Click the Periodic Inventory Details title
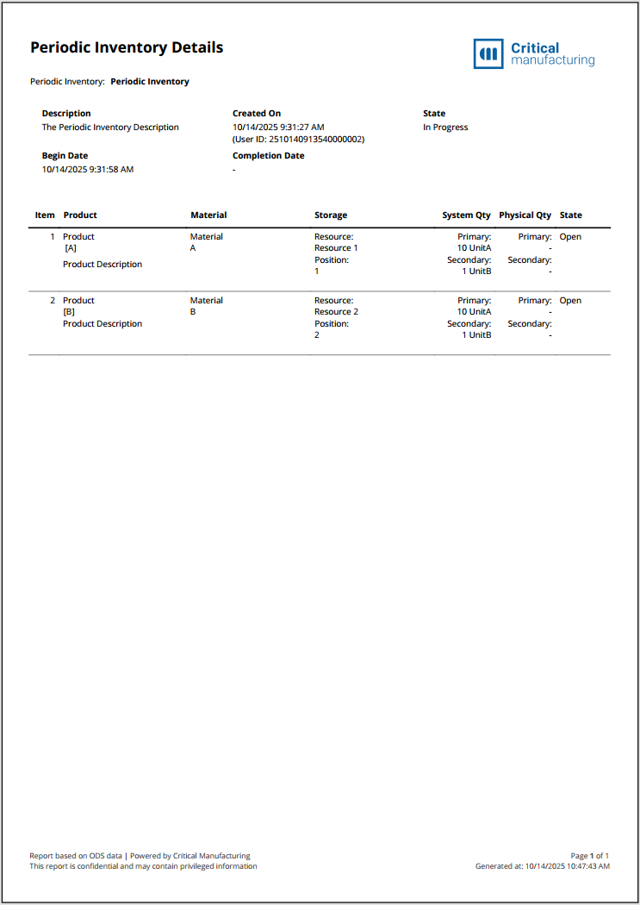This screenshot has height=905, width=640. [127, 48]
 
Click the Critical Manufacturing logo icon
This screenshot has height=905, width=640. [488, 53]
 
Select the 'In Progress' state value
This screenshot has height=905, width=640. [445, 128]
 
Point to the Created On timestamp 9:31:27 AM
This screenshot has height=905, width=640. [278, 128]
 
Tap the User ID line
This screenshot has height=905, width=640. [298, 139]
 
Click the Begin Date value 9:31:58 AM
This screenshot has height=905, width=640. [88, 170]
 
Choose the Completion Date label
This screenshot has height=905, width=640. [268, 156]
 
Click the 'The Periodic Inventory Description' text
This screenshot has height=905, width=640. [110, 128]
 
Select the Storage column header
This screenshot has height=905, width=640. [331, 215]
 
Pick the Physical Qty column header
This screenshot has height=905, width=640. [525, 215]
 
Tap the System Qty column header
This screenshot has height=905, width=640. [467, 215]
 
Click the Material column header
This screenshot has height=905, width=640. [208, 215]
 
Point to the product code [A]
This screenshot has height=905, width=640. [71, 248]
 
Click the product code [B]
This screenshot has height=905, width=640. [70, 312]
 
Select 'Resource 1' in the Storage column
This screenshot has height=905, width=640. [336, 248]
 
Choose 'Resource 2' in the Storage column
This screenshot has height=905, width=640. [336, 312]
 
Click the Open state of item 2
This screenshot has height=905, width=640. [570, 301]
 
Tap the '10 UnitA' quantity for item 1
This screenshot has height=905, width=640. [474, 248]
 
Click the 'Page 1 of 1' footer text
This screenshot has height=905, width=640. [589, 856]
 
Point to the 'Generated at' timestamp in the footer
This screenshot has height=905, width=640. [543, 866]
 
